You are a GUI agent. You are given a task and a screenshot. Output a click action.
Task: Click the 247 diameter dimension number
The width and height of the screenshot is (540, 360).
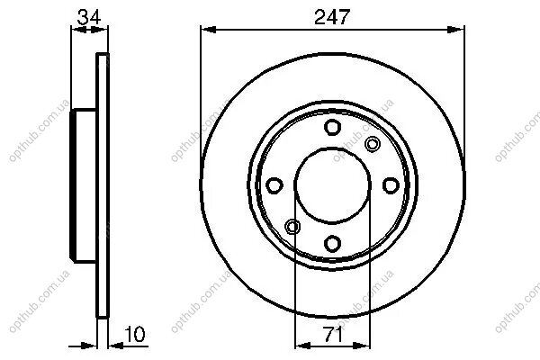[x=332, y=16]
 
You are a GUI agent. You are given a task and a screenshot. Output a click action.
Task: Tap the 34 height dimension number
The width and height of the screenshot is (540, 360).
[x=89, y=16]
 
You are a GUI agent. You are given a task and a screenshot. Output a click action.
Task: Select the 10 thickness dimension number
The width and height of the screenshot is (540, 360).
[x=135, y=334]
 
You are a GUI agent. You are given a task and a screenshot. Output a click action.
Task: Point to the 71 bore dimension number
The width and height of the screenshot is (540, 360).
[x=332, y=334]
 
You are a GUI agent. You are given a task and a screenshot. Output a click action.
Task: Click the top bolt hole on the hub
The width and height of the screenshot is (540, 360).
[x=332, y=127]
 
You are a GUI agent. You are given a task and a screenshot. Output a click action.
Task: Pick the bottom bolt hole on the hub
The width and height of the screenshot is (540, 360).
[x=332, y=243]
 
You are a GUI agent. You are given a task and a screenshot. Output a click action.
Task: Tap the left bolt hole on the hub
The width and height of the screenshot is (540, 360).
[x=274, y=185]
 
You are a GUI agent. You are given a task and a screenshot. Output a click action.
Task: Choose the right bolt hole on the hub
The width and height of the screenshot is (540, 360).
[x=391, y=185]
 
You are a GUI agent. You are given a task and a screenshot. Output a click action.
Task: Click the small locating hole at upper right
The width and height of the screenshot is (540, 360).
[x=373, y=144]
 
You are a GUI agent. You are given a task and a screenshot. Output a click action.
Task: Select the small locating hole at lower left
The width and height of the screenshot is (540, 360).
[x=292, y=227]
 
